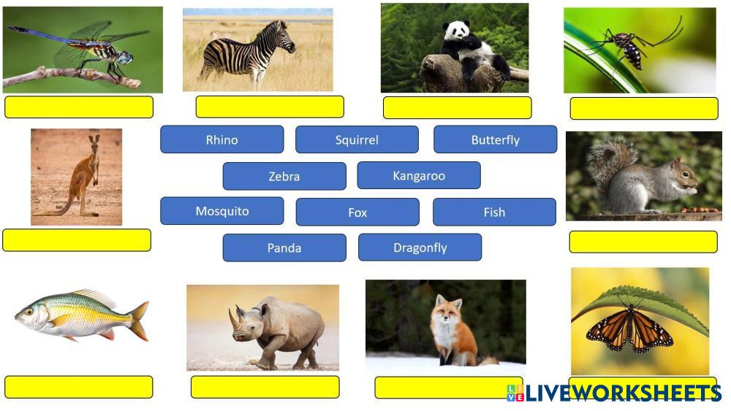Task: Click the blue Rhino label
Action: pyautogui.click(x=222, y=139)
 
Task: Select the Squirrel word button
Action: pyautogui.click(x=357, y=139)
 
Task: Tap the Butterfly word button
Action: pyautogui.click(x=495, y=139)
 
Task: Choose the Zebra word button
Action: pyautogui.click(x=284, y=176)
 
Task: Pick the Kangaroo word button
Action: pyautogui.click(x=419, y=175)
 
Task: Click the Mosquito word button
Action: pyautogui.click(x=222, y=211)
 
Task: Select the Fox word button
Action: pyautogui.click(x=357, y=212)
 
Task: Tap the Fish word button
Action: pyautogui.click(x=494, y=212)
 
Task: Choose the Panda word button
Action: pyautogui.click(x=284, y=247)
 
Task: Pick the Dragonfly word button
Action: pyautogui.click(x=420, y=247)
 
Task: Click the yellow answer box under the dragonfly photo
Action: pyautogui.click(x=79, y=107)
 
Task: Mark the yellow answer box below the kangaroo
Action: pyautogui.click(x=77, y=240)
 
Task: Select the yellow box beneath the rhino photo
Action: pyautogui.click(x=265, y=387)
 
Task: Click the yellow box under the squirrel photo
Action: pyautogui.click(x=643, y=242)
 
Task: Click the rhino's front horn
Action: pyautogui.click(x=232, y=318)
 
